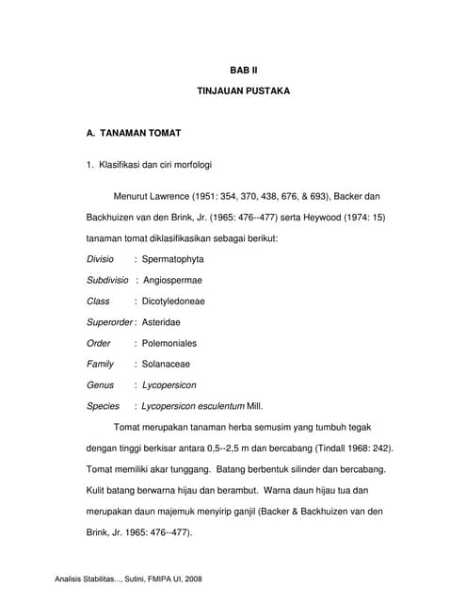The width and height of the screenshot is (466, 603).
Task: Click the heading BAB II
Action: pos(243,70)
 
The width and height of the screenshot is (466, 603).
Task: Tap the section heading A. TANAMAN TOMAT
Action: pos(134,134)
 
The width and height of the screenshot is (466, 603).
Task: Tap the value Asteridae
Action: pos(164,322)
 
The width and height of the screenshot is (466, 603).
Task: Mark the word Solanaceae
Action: pos(166,364)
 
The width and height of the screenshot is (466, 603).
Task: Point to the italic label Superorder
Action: pos(109,322)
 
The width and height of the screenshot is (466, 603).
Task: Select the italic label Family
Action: pos(100,364)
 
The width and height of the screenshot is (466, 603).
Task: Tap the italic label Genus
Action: pos(100,385)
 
